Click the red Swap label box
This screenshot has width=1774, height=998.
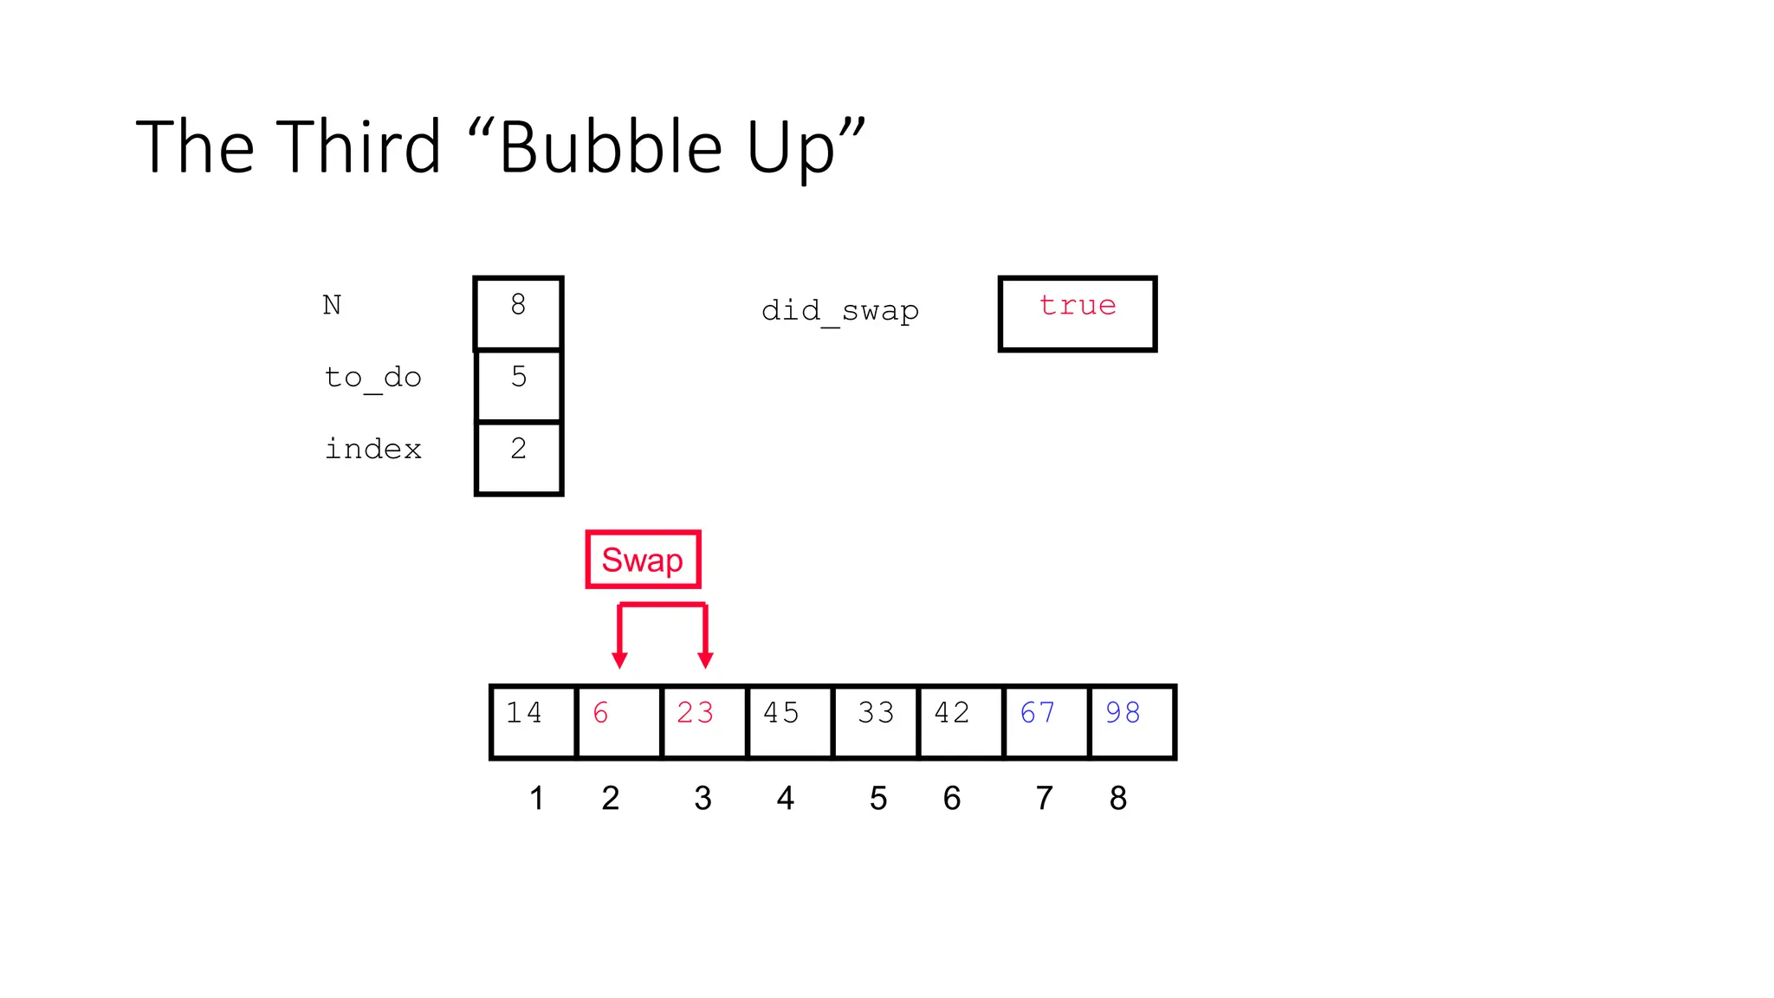click(x=643, y=560)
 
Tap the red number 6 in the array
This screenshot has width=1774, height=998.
click(x=601, y=713)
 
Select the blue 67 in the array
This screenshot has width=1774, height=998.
click(x=1038, y=713)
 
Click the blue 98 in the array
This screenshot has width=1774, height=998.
click(x=1123, y=713)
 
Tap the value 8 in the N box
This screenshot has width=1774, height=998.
click(x=518, y=305)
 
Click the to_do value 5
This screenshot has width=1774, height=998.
click(x=519, y=377)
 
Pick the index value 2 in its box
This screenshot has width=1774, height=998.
click(x=519, y=449)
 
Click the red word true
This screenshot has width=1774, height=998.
click(x=1078, y=306)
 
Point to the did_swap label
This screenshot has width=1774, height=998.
click(x=840, y=311)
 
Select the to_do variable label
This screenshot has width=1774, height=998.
click(x=373, y=379)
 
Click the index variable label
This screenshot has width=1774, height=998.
click(x=373, y=450)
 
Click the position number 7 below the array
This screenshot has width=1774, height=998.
click(x=1045, y=798)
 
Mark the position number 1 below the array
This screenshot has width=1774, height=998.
click(x=537, y=798)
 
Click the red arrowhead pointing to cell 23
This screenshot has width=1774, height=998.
click(x=705, y=661)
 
